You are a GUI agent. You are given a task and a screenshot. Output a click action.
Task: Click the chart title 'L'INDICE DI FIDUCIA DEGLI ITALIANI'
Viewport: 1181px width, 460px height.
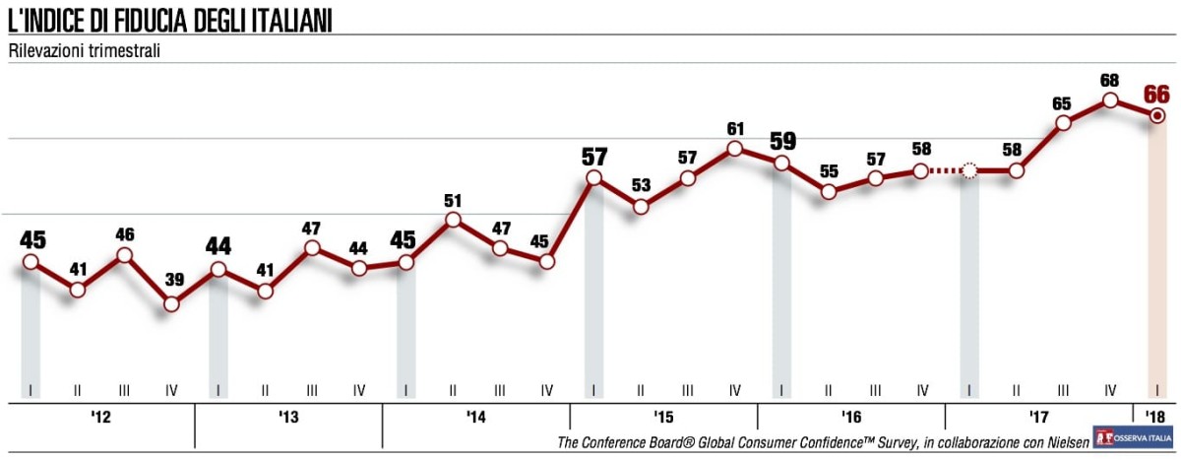pos(169,20)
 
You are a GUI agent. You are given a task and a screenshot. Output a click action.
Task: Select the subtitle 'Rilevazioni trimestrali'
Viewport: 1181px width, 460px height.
pos(85,50)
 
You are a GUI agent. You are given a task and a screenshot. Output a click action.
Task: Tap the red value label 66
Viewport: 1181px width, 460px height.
pos(1156,95)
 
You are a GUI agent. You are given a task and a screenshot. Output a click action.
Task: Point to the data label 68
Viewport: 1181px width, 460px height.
pos(1109,79)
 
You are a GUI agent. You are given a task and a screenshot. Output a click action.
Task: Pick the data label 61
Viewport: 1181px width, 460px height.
pos(734,128)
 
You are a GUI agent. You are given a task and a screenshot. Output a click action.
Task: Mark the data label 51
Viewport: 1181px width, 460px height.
pos(453,200)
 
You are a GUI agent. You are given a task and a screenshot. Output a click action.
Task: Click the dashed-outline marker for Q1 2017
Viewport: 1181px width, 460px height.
pos(969,171)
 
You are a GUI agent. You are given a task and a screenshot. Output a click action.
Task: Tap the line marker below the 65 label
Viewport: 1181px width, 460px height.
pos(1063,123)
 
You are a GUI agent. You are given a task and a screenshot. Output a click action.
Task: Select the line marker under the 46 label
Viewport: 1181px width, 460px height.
pos(125,255)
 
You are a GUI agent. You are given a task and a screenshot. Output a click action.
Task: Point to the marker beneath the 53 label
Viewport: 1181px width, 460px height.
pos(641,207)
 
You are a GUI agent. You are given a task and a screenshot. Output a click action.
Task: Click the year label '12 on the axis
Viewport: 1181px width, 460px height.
pos(100,418)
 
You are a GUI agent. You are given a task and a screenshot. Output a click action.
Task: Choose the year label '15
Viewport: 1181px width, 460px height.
pos(663,418)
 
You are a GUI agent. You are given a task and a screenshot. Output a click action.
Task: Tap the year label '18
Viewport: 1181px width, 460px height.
pos(1157,418)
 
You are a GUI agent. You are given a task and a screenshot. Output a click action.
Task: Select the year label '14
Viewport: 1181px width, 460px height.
pos(475,418)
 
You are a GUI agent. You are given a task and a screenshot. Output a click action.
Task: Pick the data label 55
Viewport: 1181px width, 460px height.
pos(829,170)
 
